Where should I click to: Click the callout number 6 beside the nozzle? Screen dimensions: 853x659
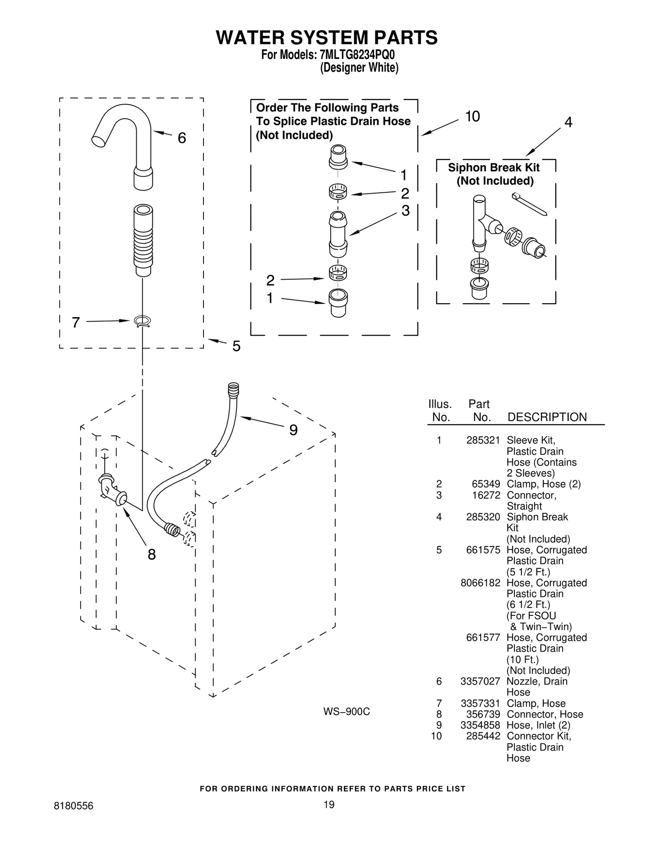tap(182, 138)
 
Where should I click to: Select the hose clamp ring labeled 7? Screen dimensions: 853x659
tap(143, 322)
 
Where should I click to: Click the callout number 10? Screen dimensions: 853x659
tap(472, 117)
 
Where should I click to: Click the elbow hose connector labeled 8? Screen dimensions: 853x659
tap(111, 490)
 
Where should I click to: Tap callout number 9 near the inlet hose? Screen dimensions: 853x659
tap(293, 430)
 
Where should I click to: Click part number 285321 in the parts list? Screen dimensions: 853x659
tap(483, 440)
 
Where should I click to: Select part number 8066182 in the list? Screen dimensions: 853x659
tap(480, 583)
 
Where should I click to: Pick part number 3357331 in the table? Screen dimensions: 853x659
tap(480, 703)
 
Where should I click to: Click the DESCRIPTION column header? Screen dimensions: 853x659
tap(547, 417)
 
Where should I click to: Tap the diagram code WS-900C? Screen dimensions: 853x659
tap(346, 712)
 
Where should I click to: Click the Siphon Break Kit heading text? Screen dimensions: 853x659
tap(494, 168)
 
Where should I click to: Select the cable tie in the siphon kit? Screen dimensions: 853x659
tap(529, 204)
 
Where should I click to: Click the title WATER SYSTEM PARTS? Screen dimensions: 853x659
tap(327, 37)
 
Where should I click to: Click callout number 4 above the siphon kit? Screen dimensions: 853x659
tap(568, 122)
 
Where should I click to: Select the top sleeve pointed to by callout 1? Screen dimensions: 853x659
tap(338, 157)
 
